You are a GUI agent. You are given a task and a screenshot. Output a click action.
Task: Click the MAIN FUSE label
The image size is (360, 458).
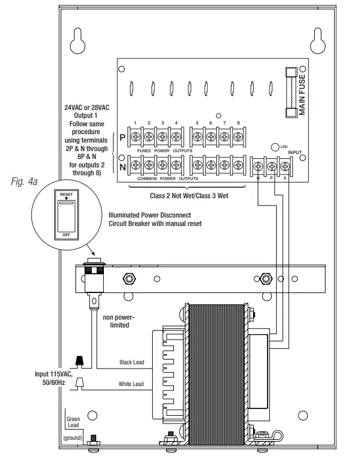(x=302, y=95)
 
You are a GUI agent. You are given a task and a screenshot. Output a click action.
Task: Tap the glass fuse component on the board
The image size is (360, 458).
(x=291, y=92)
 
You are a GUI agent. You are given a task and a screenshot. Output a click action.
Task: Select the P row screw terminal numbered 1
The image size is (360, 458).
(x=135, y=137)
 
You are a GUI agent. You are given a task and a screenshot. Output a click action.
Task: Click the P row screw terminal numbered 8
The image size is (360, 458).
(x=238, y=137)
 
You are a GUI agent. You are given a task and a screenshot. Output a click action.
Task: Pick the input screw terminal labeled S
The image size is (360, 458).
(x=285, y=167)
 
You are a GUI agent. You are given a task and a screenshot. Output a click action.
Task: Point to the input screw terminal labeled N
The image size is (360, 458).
(x=258, y=167)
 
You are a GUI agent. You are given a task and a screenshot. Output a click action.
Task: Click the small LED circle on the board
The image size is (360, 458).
(x=275, y=147)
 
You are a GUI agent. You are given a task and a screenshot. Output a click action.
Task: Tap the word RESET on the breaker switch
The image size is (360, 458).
(x=66, y=194)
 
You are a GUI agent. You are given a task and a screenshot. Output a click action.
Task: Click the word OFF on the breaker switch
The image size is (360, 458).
(x=66, y=235)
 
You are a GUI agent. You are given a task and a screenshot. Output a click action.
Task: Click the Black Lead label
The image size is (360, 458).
(x=132, y=362)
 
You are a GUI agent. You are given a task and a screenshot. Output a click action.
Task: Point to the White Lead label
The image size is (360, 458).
(x=131, y=384)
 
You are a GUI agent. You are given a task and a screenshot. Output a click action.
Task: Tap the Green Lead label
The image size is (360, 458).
(x=73, y=422)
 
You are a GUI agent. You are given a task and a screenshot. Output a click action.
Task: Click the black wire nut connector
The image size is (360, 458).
(x=79, y=361)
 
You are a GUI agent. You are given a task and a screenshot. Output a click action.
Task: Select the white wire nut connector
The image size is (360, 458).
(x=79, y=383)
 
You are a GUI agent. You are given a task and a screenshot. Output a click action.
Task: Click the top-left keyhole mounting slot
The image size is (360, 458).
(x=78, y=41)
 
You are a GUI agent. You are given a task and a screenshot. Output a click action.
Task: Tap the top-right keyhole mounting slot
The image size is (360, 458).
(x=318, y=41)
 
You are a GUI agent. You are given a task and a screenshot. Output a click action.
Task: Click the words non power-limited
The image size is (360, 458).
(x=119, y=321)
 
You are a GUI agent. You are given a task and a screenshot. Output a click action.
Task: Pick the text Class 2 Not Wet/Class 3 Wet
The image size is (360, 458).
(x=189, y=196)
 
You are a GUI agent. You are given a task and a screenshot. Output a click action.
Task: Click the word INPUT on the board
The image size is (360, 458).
(x=295, y=152)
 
